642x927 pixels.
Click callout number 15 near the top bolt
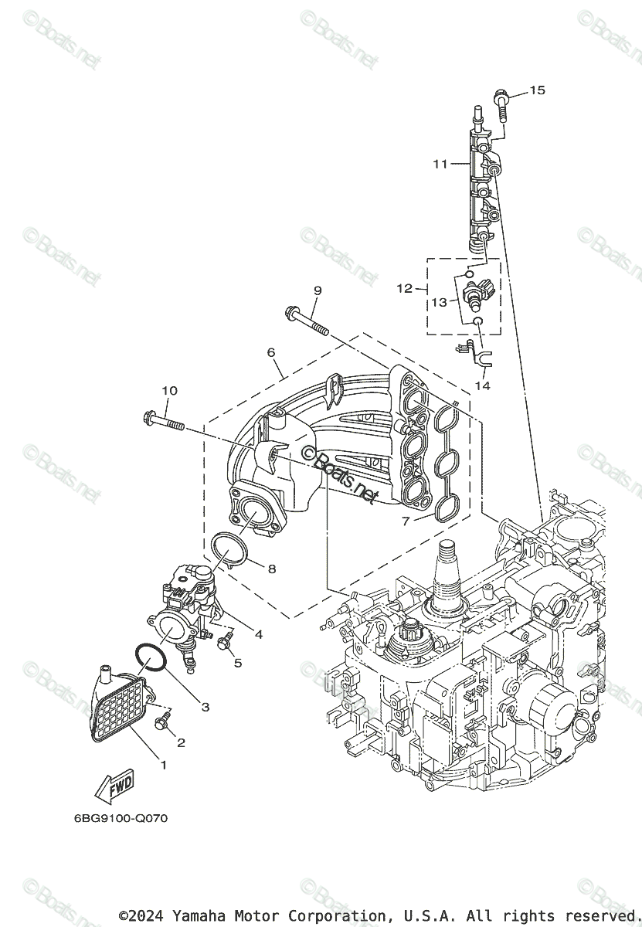coord(537,90)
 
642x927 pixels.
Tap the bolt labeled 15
coord(501,104)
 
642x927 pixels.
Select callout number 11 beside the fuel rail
coord(440,164)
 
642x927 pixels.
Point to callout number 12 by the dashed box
coord(405,288)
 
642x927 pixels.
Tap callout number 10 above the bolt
coord(169,391)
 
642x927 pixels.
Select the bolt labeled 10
coord(166,422)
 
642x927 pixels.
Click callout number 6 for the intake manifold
coord(271,351)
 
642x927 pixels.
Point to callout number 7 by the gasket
coord(406,521)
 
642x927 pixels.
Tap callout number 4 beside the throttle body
coord(259,635)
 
